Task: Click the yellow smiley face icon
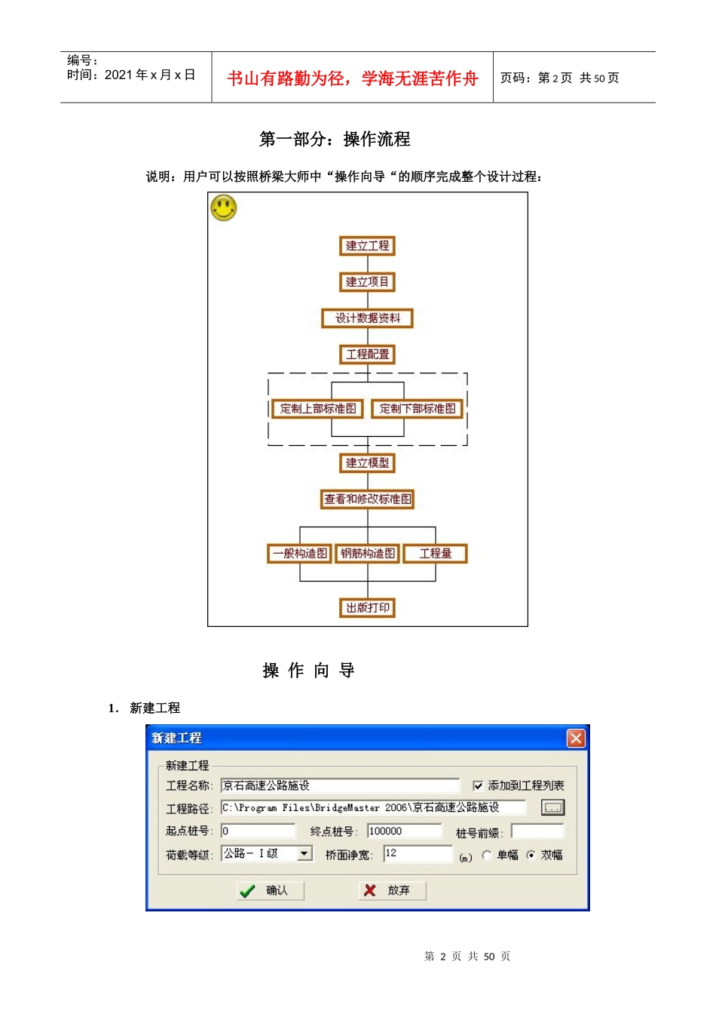tap(223, 207)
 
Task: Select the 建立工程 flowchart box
tap(367, 246)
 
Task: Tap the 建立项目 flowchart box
tap(367, 282)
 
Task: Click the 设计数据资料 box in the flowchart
tap(367, 318)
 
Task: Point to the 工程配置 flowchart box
tap(367, 355)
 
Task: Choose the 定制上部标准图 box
tap(318, 409)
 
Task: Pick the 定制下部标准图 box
tap(418, 409)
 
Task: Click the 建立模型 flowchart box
tap(367, 463)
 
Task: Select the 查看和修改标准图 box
tap(367, 499)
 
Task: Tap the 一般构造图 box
tap(300, 554)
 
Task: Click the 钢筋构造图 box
tap(367, 554)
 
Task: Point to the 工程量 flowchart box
tap(436, 554)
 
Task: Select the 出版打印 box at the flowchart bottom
tap(367, 608)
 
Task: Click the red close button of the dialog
tap(576, 738)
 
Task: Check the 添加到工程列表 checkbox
tap(478, 786)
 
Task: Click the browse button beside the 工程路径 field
tap(552, 808)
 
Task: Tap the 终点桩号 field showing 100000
tap(404, 831)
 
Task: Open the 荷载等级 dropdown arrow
tap(304, 853)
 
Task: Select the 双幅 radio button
tap(531, 855)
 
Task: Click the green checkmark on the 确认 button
tap(247, 891)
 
